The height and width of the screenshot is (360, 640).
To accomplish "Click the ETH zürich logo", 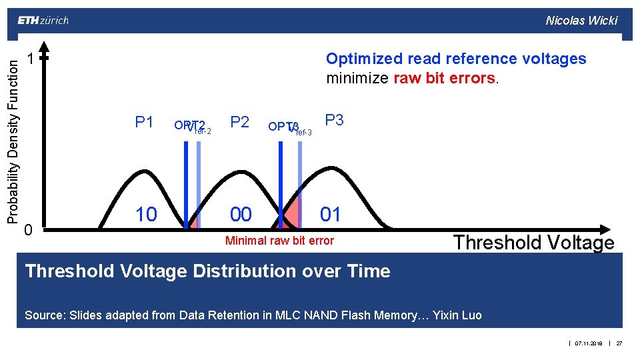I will [43, 20].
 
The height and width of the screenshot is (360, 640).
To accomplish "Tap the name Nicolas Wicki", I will [581, 20].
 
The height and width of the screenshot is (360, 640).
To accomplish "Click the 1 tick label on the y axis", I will [30, 59].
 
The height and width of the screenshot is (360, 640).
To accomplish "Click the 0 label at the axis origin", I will [28, 230].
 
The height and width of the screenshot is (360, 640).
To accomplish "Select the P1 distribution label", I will [144, 122].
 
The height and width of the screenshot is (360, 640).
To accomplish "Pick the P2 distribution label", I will [239, 122].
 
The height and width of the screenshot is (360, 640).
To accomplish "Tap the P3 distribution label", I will [334, 121].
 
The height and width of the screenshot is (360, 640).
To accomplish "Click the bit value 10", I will [146, 214].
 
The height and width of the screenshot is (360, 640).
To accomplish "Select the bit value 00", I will [241, 214].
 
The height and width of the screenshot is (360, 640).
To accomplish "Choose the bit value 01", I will [331, 214].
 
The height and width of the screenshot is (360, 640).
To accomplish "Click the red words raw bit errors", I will [443, 78].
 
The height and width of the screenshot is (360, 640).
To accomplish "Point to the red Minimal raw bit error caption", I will [279, 241].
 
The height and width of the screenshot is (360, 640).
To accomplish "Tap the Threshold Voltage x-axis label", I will [533, 243].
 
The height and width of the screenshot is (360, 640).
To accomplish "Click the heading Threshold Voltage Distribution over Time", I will [207, 271].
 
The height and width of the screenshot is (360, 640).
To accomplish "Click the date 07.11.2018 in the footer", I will [589, 343].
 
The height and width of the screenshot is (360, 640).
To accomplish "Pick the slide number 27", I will [619, 343].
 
